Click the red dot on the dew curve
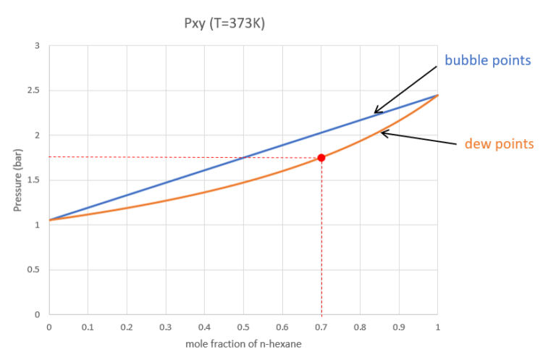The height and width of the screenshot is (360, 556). [321, 157]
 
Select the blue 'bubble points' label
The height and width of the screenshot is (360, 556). [487, 59]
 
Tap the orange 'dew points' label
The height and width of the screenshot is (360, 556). [499, 144]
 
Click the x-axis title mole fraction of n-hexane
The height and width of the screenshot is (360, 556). [243, 344]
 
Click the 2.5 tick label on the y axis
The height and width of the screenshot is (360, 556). [33, 91]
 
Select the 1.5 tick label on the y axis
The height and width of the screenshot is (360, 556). [33, 180]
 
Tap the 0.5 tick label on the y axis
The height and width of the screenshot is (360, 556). [33, 270]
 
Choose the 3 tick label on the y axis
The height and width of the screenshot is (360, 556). [37, 46]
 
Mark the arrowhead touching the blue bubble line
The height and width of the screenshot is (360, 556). [375, 113]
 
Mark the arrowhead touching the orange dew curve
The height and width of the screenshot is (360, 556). [383, 133]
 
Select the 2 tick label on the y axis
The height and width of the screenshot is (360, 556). [37, 135]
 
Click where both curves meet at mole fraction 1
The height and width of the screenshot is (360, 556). [437, 95]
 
